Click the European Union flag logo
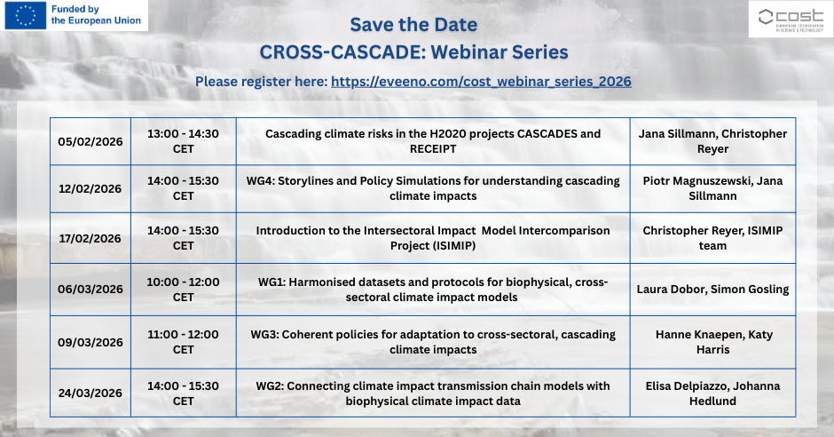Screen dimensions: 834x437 point(26,15)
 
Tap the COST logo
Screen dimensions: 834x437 point(791,20)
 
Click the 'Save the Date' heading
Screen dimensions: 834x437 point(413,25)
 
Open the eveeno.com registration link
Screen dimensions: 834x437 point(481,82)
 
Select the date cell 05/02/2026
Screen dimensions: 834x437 point(90,141)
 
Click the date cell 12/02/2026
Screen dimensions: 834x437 point(90,188)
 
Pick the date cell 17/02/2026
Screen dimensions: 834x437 point(90,238)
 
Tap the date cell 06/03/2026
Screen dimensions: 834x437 point(90,289)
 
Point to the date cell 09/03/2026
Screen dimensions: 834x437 point(90,342)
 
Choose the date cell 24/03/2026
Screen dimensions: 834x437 point(90,393)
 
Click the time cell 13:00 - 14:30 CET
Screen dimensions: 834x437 point(183,141)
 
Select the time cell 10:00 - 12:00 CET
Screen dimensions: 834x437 point(183,289)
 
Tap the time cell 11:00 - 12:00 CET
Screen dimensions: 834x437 point(183,342)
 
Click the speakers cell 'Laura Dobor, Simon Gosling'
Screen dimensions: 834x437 point(712,289)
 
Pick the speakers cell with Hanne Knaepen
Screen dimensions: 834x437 point(712,342)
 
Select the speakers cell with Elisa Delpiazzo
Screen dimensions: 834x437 point(712,393)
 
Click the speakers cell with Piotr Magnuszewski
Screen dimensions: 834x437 point(712,188)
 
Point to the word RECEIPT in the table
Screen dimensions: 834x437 point(433,149)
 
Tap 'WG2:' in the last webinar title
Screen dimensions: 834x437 point(270,385)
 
